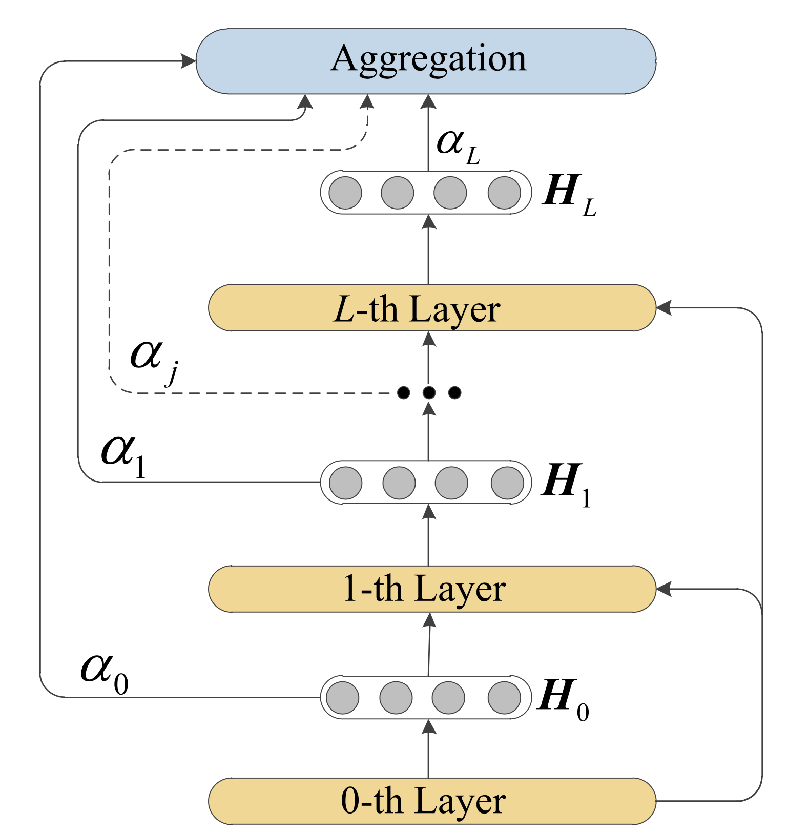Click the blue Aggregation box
426,61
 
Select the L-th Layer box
432,308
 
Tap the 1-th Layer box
432,589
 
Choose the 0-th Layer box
432,801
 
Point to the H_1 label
566,484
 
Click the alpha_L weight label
458,146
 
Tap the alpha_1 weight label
123,456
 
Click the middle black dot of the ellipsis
429,393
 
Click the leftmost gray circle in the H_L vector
345,193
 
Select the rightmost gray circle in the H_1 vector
507,483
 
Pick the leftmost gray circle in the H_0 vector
342,697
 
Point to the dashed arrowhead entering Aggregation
367,101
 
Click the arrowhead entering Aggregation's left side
189,61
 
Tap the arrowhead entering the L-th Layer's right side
664,308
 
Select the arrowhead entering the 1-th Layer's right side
664,589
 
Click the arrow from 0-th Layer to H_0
429,748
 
